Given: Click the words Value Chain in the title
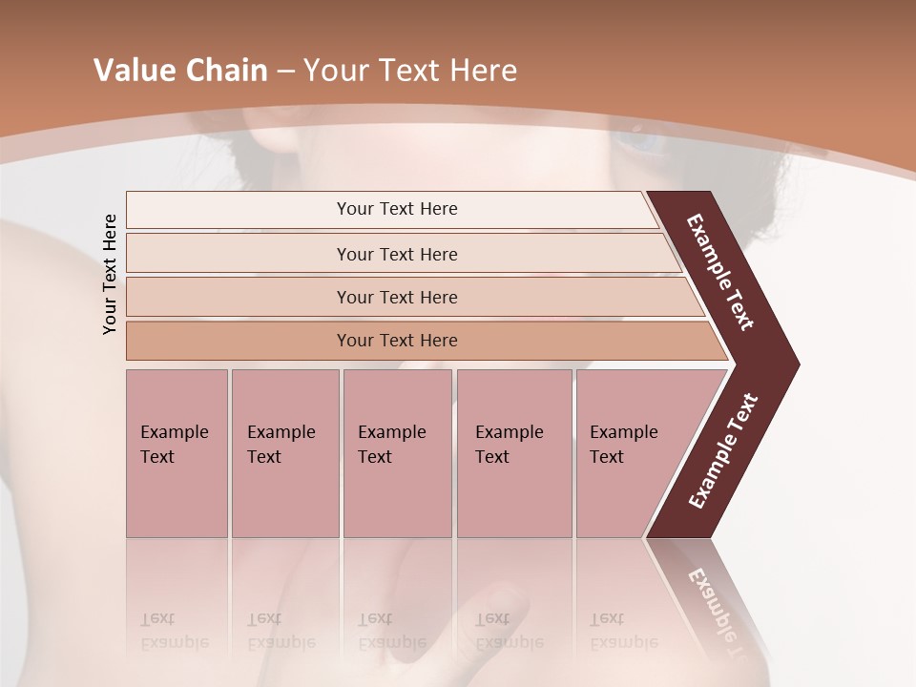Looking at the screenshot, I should tap(180, 71).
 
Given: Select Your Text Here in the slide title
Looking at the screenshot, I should tap(410, 71).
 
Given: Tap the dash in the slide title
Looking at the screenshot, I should tap(285, 72).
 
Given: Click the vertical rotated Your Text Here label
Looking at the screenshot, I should tap(110, 274).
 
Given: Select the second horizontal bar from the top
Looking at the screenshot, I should tap(397, 254).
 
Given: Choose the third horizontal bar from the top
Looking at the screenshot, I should tap(397, 297).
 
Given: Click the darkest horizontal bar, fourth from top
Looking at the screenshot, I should tap(397, 341).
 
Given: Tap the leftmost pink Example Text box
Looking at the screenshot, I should tap(177, 453).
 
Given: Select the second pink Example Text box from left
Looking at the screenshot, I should tap(284, 453).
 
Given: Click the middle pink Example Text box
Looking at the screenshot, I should tap(397, 453).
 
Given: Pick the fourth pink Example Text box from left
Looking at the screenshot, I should tap(513, 453).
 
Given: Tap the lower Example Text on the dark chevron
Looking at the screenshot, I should tap(723, 450).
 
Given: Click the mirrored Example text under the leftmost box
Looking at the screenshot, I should tap(174, 642).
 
